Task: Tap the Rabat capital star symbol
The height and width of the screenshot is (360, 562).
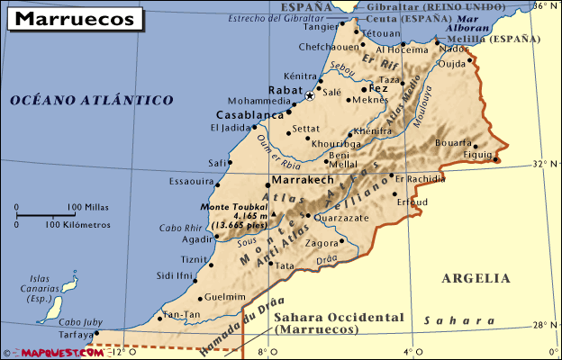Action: pyautogui.click(x=310, y=95)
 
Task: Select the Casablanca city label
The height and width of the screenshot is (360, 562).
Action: pyautogui.click(x=249, y=115)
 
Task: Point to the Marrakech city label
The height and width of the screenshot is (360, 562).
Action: pyautogui.click(x=310, y=180)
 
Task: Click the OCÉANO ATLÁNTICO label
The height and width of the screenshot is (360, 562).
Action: pyautogui.click(x=92, y=101)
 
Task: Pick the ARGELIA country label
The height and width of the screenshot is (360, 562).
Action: pyautogui.click(x=476, y=278)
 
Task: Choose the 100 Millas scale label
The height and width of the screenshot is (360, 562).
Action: pyautogui.click(x=88, y=207)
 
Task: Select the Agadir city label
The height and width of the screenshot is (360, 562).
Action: pyautogui.click(x=196, y=239)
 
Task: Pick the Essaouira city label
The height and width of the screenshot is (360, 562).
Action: pyautogui.click(x=192, y=181)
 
